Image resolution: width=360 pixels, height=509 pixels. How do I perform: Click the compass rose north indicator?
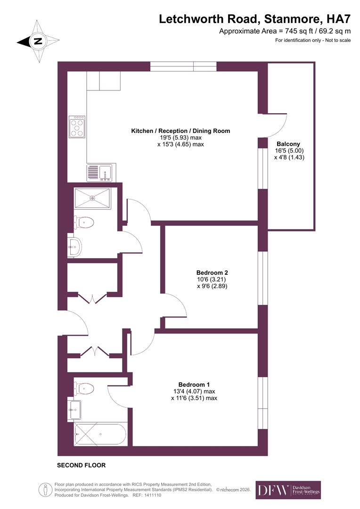pos(38,41)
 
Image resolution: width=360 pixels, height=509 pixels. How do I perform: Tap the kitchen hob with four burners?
pos(77,127)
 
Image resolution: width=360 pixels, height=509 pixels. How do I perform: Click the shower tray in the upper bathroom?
pos(92,198)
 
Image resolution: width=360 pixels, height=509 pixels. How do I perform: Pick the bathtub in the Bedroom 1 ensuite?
pos(99,434)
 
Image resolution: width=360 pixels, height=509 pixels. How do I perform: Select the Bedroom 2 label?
pos(212,272)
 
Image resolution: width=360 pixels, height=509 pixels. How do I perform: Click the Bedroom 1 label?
pos(194,384)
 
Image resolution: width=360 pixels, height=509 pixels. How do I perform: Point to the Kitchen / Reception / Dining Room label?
pos(180,131)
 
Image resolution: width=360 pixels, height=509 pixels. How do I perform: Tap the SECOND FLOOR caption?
pos(81,465)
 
